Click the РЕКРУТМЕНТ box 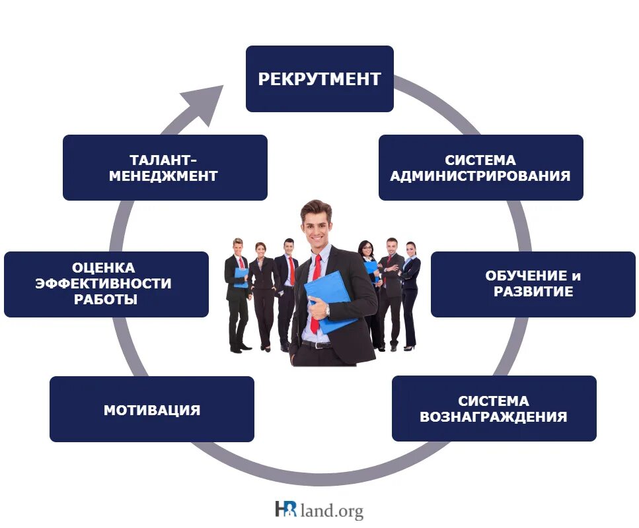(x=320, y=79)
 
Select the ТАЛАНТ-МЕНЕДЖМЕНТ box (x=165, y=168)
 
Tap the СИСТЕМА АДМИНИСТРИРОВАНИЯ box (x=480, y=168)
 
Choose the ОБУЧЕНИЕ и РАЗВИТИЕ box (x=533, y=284)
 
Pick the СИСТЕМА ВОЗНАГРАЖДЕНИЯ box (x=494, y=409)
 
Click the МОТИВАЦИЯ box (x=151, y=409)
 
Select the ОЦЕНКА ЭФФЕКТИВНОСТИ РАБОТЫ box (x=106, y=284)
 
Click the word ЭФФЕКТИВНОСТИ (x=106, y=284)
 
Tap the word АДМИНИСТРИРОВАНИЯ (x=480, y=176)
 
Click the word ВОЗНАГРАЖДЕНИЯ (x=494, y=417)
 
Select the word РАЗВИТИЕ (x=533, y=292)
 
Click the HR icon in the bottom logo (x=285, y=509)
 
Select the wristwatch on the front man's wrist (x=326, y=309)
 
